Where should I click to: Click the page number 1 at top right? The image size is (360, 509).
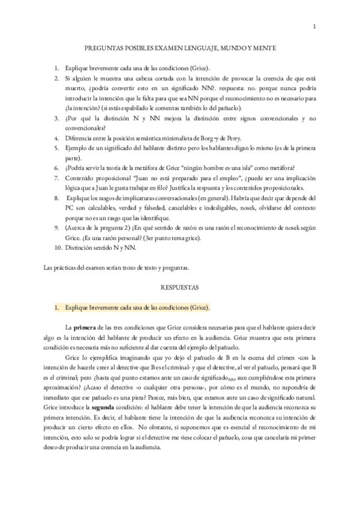[314, 26]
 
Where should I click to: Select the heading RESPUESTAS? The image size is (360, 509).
[179, 288]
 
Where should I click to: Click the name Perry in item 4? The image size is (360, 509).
[241, 138]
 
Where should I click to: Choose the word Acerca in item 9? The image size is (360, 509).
[80, 228]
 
